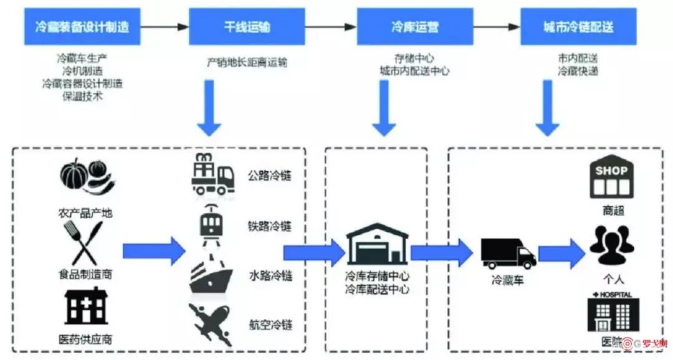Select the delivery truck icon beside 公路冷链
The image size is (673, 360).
[x=212, y=173]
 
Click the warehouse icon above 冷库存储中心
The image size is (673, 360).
[x=377, y=245]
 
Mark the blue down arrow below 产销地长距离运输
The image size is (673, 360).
[x=210, y=108]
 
